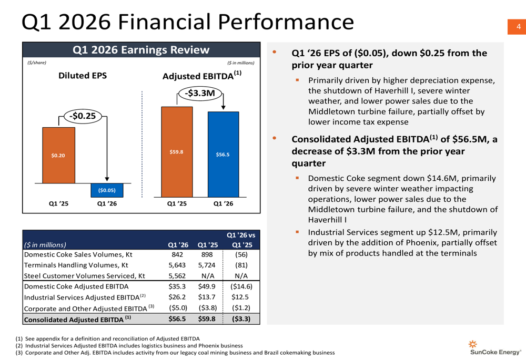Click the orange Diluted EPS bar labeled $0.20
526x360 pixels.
(x=58, y=155)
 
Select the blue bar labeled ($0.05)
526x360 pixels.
(x=107, y=190)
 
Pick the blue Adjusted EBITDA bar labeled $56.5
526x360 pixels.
(x=223, y=154)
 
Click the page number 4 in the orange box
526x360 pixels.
(x=518, y=27)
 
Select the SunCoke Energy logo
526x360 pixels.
(x=495, y=348)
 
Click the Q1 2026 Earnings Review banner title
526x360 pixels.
(x=141, y=50)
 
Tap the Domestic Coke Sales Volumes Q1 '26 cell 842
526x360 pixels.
(x=177, y=255)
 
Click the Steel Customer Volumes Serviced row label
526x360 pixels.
(x=85, y=276)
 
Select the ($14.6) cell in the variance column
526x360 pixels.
(x=241, y=287)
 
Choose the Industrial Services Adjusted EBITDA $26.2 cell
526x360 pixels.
(x=177, y=297)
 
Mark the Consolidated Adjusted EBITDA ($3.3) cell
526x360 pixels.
(x=241, y=319)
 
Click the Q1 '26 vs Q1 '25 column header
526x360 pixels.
(x=241, y=240)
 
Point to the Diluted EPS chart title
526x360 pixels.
(x=82, y=76)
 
